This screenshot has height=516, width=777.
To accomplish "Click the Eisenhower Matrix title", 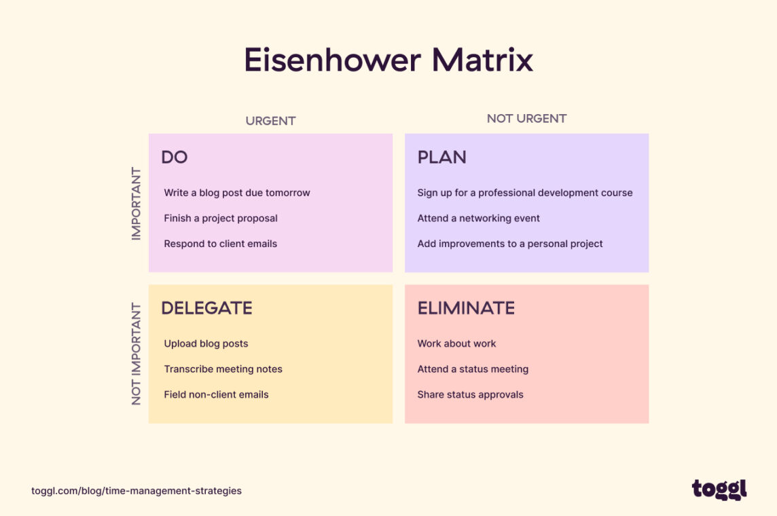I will tap(388, 60).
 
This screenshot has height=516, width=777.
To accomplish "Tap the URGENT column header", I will tap(270, 121).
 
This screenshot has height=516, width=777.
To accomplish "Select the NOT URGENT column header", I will tap(526, 119).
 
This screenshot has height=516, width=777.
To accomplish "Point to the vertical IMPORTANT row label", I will tap(137, 203).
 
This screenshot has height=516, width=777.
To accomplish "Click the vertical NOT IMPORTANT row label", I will tap(137, 354).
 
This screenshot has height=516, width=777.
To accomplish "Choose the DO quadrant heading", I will tap(175, 158).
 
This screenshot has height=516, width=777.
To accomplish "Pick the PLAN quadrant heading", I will tap(441, 158).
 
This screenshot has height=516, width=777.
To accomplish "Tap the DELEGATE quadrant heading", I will tap(206, 308).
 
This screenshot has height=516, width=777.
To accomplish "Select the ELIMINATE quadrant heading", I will tap(466, 308).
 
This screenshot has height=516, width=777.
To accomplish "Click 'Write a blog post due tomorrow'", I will tap(237, 193).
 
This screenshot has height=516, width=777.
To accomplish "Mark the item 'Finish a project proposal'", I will tap(221, 218).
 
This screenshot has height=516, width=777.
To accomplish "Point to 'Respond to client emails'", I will tap(221, 244).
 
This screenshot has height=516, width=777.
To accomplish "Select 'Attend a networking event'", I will tap(479, 218).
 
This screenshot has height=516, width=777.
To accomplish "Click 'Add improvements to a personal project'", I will tap(510, 244).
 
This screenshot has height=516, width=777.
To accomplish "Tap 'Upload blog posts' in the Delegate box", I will tap(206, 344).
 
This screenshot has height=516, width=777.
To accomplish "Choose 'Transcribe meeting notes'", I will tap(223, 369).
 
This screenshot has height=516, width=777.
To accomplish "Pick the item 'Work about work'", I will tap(456, 344).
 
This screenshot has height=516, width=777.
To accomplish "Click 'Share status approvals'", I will tap(470, 394).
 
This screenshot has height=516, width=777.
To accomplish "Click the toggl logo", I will tap(719, 490).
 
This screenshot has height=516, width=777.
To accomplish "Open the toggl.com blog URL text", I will tap(137, 490).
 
